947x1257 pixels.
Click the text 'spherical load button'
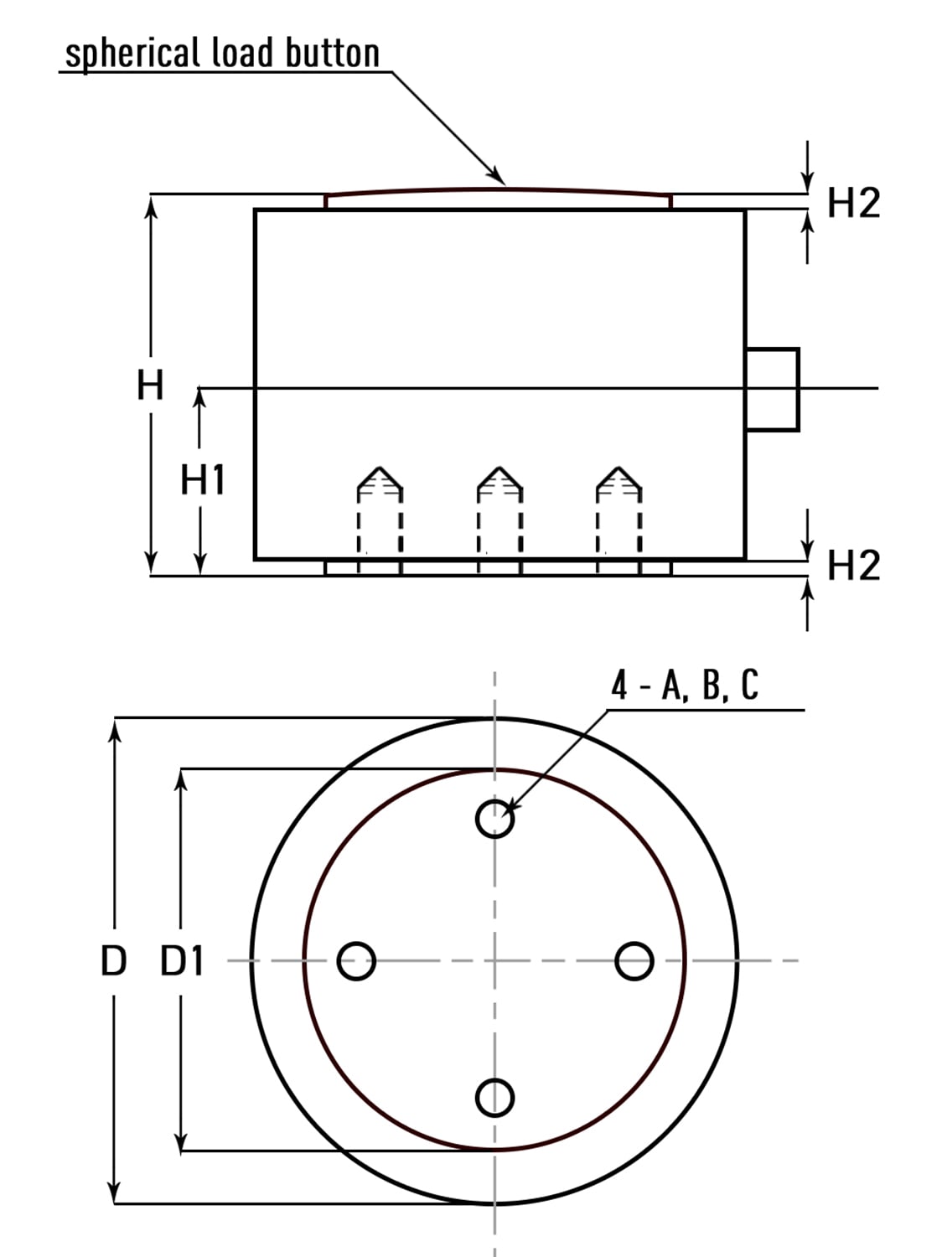click(x=222, y=53)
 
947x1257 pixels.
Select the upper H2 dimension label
click(x=853, y=204)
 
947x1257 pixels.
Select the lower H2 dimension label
click(x=853, y=566)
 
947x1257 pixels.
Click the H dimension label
click(x=150, y=386)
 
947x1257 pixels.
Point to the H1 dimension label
click(x=203, y=481)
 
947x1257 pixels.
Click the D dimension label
click(x=113, y=961)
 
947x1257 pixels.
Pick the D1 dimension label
click(x=182, y=961)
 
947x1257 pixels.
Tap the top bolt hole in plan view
click(x=494, y=818)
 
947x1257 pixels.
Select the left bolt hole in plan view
click(x=356, y=961)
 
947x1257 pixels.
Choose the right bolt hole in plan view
click(x=634, y=961)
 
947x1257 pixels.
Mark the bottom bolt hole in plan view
click(x=494, y=1097)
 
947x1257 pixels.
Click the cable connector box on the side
click(x=772, y=389)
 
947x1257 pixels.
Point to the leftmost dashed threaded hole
click(x=380, y=515)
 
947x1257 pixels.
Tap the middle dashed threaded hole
click(x=499, y=515)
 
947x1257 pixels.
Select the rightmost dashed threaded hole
click(x=618, y=515)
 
